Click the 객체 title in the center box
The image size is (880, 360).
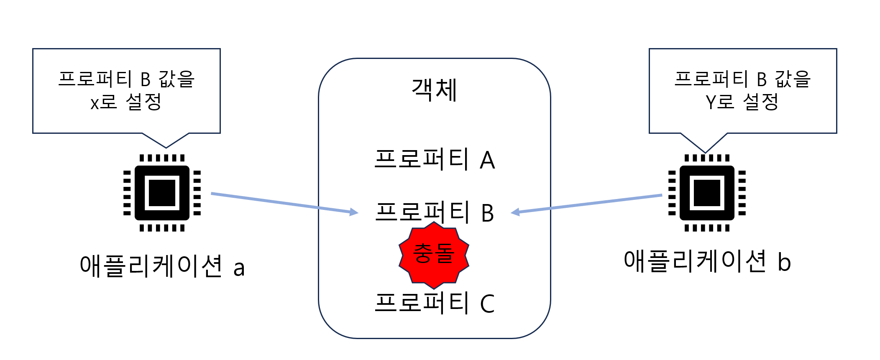coord(434,90)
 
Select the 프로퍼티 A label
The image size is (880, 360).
coord(435,160)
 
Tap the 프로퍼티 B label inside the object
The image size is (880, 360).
coord(435,212)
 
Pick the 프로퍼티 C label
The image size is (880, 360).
coord(435,303)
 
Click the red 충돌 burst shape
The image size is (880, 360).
coord(434,255)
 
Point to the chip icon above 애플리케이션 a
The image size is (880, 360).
coord(162,193)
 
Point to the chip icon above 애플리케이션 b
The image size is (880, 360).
coord(707,193)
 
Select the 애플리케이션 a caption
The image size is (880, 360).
coord(162,266)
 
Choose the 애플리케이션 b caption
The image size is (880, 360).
coord(707,261)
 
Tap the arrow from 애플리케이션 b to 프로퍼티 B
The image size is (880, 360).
coord(586,204)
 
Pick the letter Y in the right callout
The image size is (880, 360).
coord(711,102)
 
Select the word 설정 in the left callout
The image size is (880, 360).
coord(143,102)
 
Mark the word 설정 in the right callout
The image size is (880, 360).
coord(760,102)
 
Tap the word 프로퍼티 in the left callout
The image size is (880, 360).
coord(95,79)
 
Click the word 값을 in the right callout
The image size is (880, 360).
coord(793,79)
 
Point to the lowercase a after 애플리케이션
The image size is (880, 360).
coord(239,268)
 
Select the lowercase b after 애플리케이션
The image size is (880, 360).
coord(784,262)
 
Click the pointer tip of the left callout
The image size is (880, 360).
coord(166,147)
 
